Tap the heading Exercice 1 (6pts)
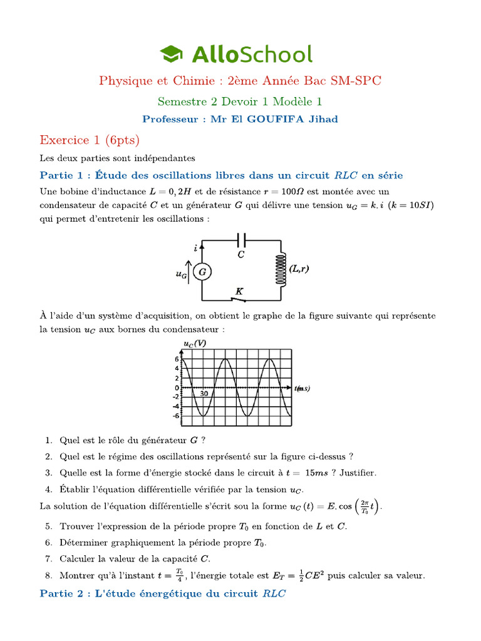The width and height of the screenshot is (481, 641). click(90, 139)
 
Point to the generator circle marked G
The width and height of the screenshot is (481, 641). click(202, 272)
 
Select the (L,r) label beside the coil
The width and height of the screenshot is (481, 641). click(300, 269)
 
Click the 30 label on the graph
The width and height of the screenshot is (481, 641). click(204, 393)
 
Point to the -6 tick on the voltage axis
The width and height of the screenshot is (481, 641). click(177, 416)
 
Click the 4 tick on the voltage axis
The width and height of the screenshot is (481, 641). click(177, 369)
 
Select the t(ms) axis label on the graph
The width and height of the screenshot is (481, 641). click(302, 388)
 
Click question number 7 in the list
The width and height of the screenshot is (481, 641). click(48, 558)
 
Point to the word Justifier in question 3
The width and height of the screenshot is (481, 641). click(357, 473)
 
